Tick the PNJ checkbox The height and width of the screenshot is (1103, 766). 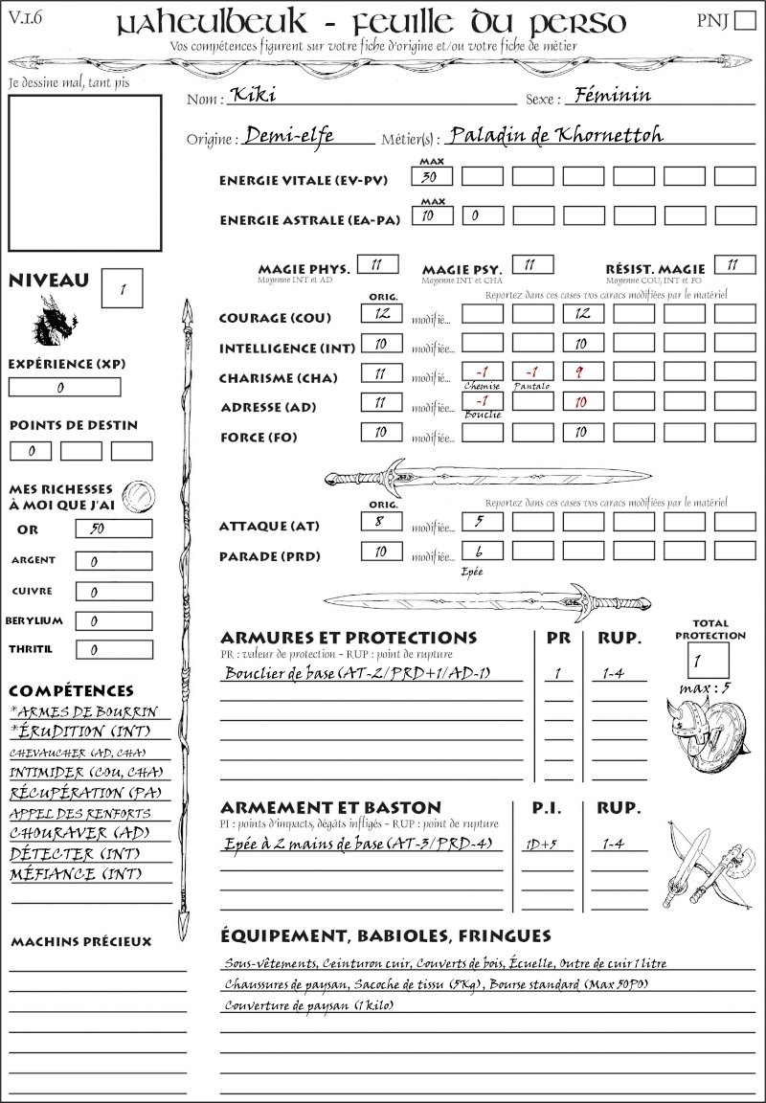click(744, 21)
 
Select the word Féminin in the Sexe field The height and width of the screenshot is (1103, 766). click(609, 95)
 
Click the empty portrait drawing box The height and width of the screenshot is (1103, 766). click(84, 171)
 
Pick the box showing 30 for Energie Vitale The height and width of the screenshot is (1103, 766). click(432, 176)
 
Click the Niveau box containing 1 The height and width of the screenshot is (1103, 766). click(123, 287)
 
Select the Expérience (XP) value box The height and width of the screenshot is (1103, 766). click(64, 388)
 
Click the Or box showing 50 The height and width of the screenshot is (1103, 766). click(113, 529)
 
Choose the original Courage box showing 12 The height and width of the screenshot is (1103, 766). click(380, 313)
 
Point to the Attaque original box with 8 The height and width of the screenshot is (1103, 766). click(380, 521)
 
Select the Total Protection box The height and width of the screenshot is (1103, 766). click(708, 660)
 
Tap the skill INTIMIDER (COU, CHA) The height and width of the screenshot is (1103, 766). click(86, 772)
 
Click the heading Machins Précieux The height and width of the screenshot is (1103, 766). click(80, 942)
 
